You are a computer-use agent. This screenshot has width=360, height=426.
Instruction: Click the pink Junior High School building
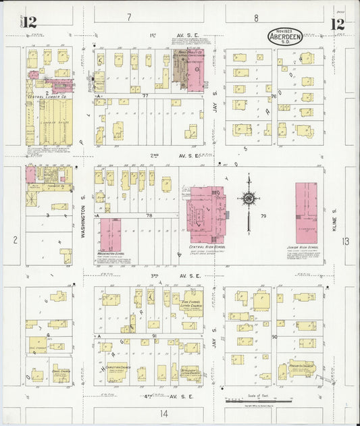[307, 212]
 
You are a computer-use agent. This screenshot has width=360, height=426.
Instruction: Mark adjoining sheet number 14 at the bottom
[163, 412]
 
